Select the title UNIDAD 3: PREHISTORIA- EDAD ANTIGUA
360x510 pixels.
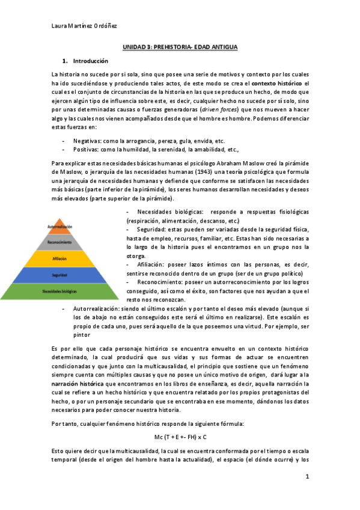coord(180,46)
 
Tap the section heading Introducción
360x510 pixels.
coord(90,61)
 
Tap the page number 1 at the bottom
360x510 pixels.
coord(307,477)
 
